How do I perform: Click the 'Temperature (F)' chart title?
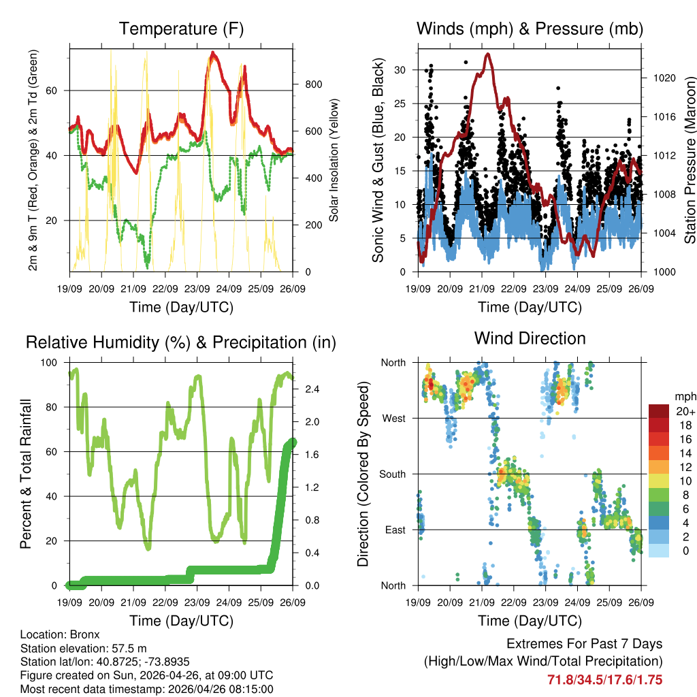[181, 29]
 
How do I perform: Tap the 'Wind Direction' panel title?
[530, 338]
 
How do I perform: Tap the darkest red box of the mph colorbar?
[659, 411]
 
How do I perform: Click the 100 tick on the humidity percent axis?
[51, 363]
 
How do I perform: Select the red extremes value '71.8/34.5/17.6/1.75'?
[604, 680]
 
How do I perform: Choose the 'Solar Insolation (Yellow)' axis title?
[334, 160]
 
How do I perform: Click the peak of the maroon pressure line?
[487, 54]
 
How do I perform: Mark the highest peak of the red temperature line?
[213, 52]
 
